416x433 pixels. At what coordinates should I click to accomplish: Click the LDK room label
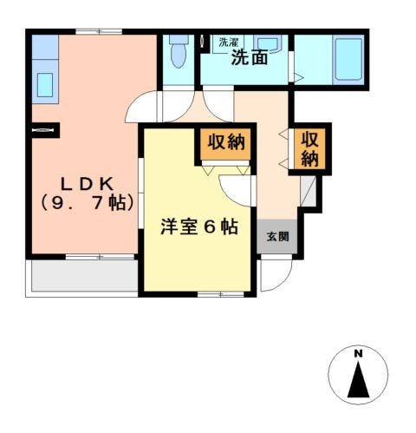click(x=84, y=184)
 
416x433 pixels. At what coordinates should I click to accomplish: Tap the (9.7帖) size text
click(x=84, y=204)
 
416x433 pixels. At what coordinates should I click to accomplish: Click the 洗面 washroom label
click(x=249, y=59)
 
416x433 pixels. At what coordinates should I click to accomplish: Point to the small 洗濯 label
click(x=228, y=41)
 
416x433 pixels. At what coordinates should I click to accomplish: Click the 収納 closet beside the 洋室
click(x=227, y=143)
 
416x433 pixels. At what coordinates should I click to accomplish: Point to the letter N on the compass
click(x=357, y=352)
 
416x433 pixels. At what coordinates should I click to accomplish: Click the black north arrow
click(x=357, y=379)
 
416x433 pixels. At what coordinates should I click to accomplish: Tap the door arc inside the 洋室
click(x=236, y=187)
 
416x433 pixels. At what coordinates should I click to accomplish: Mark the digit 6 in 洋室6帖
click(x=210, y=227)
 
